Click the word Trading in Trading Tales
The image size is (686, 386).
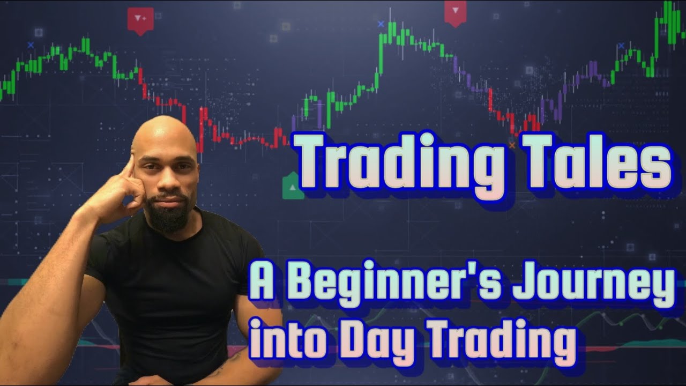point(400,161)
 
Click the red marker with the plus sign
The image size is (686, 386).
point(140,20)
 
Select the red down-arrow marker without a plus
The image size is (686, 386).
point(455,11)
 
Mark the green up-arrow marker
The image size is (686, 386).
point(292,187)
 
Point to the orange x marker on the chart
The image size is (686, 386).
point(512,145)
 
